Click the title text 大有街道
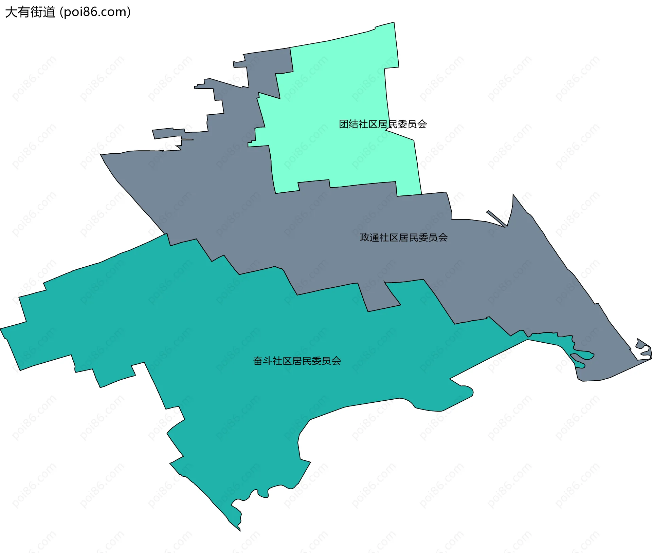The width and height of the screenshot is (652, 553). [x=30, y=12]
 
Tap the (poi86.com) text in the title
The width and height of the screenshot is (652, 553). [x=95, y=12]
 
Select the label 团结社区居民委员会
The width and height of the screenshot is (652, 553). [x=383, y=124]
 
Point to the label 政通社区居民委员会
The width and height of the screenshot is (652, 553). [x=403, y=237]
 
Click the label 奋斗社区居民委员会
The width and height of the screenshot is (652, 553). [x=297, y=361]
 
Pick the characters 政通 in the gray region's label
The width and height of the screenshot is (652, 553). [x=369, y=237]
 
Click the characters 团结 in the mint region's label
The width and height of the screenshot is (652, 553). [x=348, y=124]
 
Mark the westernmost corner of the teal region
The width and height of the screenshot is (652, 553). [x=1, y=329]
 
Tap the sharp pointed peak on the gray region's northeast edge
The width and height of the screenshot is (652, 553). [x=513, y=195]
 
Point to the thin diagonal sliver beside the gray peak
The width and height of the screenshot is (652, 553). [x=496, y=218]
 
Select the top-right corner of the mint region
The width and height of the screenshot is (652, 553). [x=394, y=23]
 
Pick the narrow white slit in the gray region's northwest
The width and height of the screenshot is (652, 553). [x=187, y=139]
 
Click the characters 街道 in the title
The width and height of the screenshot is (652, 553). [x=42, y=12]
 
